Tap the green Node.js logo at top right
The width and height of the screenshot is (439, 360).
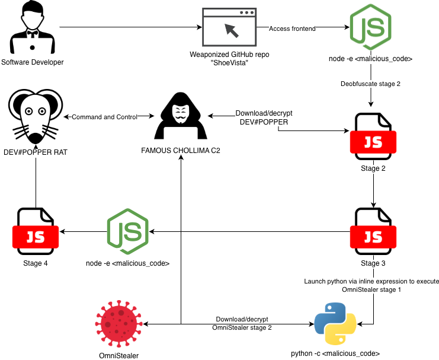click(x=370, y=28)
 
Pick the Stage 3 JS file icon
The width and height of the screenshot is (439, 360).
click(x=373, y=231)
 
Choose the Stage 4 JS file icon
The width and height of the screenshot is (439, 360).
click(x=35, y=231)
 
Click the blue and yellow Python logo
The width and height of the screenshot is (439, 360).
click(x=335, y=324)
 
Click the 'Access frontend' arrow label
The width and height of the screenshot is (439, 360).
click(x=292, y=28)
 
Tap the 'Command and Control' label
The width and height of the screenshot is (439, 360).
click(x=104, y=117)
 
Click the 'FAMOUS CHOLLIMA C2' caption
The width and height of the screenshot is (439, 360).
click(x=180, y=151)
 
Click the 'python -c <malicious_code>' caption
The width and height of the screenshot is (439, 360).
click(x=335, y=353)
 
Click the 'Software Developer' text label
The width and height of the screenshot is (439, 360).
click(x=32, y=62)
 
